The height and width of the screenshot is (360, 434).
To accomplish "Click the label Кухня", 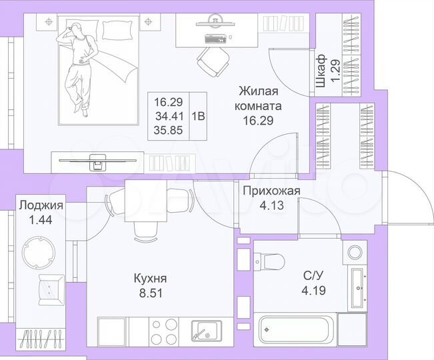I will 149,278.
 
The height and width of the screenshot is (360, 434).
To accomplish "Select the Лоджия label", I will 41,205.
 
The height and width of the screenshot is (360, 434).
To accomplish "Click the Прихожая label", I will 271,191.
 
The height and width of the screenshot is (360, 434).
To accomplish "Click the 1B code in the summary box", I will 198,115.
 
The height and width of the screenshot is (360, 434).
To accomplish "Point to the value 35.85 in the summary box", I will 169,129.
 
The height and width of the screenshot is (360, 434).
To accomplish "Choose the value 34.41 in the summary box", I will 169,116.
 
